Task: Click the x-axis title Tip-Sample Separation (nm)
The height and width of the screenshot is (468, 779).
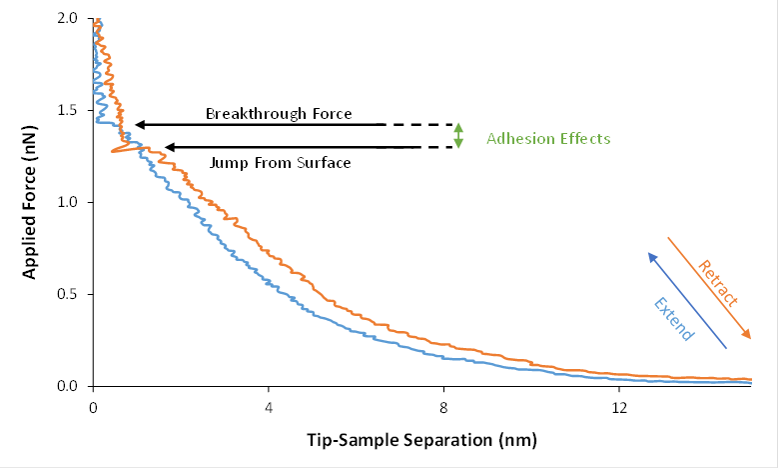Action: (420, 437)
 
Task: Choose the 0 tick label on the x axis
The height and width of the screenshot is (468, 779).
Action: (93, 407)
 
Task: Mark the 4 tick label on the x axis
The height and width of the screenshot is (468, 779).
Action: (268, 407)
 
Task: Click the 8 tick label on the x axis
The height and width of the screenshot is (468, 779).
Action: (443, 407)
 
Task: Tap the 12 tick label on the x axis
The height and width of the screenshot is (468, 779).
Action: (619, 407)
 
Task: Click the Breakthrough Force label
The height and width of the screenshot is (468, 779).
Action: (279, 114)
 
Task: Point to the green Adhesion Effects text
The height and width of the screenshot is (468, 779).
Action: (547, 138)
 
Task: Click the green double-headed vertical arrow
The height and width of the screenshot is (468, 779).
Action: (458, 136)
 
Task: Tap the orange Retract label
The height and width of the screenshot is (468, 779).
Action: (718, 283)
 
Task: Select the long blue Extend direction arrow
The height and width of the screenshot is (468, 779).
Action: (687, 301)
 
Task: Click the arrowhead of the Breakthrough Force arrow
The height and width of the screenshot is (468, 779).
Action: (140, 125)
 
